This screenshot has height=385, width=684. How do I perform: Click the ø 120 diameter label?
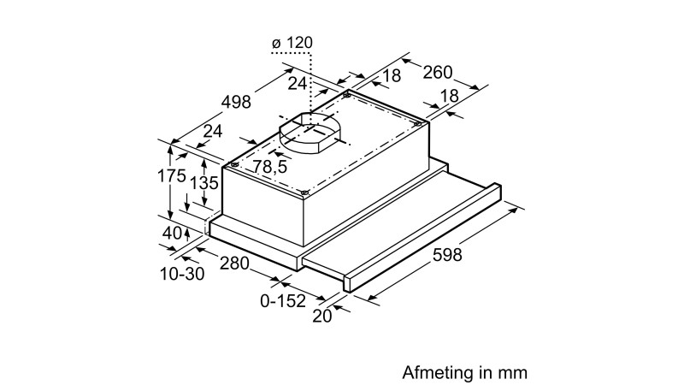click(292, 43)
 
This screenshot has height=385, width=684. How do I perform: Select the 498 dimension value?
click(236, 102)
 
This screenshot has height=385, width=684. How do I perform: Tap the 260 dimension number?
click(438, 72)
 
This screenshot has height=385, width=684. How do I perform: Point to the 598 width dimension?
click(446, 254)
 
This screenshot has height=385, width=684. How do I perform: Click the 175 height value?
click(172, 176)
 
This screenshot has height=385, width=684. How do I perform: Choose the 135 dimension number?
click(204, 183)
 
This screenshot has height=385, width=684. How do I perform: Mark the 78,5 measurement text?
click(270, 166)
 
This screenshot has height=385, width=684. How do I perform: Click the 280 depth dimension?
click(234, 264)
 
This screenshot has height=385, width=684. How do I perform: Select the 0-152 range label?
click(283, 301)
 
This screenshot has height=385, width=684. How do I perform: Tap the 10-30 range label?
click(182, 274)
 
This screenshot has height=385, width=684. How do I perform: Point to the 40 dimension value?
click(172, 233)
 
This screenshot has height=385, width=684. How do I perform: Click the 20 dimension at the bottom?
click(322, 316)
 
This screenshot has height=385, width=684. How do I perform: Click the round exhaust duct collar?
click(309, 133)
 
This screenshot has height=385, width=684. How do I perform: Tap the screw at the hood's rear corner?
click(346, 95)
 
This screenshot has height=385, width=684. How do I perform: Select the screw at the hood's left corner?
click(234, 164)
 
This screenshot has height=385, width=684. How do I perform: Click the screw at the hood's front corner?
click(304, 192)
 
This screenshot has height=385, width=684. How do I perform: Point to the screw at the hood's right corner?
click(416, 124)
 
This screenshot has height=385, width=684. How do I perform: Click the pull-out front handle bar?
click(422, 238)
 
